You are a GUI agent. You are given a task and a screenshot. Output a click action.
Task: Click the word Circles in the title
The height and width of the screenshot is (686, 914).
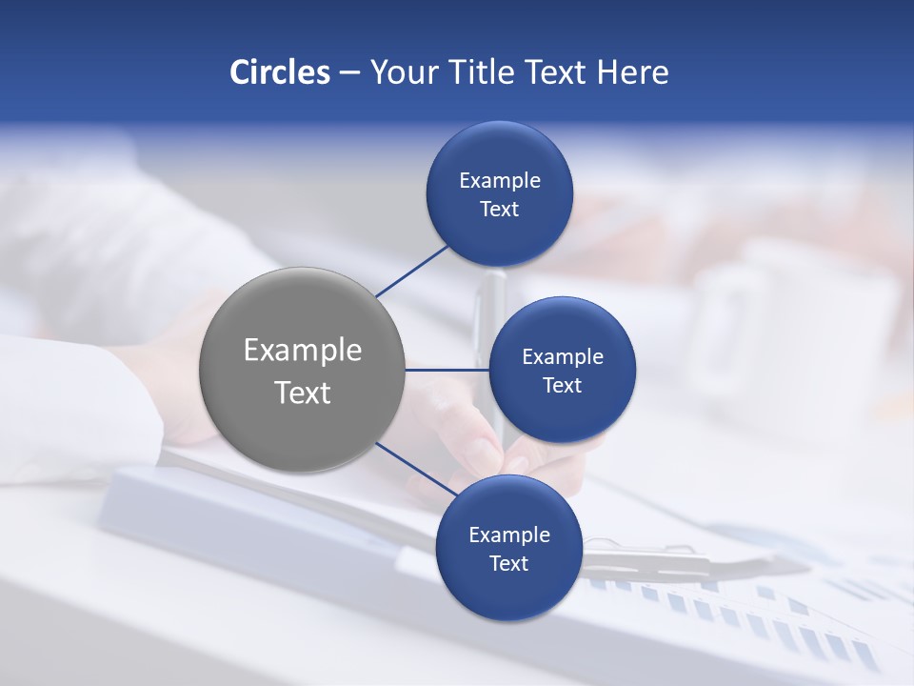(x=279, y=72)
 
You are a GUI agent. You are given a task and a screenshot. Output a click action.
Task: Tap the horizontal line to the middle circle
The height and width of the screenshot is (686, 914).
(x=447, y=370)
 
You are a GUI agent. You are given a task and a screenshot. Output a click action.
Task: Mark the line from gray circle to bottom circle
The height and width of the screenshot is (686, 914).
(x=416, y=470)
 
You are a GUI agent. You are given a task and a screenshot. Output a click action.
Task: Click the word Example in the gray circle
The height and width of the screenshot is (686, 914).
(x=302, y=351)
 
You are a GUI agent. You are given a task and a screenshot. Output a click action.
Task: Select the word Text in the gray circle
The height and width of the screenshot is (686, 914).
(x=302, y=393)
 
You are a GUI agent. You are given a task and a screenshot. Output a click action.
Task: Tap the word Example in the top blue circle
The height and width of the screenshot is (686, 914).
(x=499, y=181)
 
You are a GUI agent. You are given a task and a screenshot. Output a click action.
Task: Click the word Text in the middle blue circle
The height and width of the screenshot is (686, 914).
(x=562, y=385)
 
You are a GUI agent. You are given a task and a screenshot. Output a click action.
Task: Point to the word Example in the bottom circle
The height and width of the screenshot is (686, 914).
(x=508, y=535)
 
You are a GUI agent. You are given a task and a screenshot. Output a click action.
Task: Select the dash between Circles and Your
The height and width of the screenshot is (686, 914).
(x=349, y=73)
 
